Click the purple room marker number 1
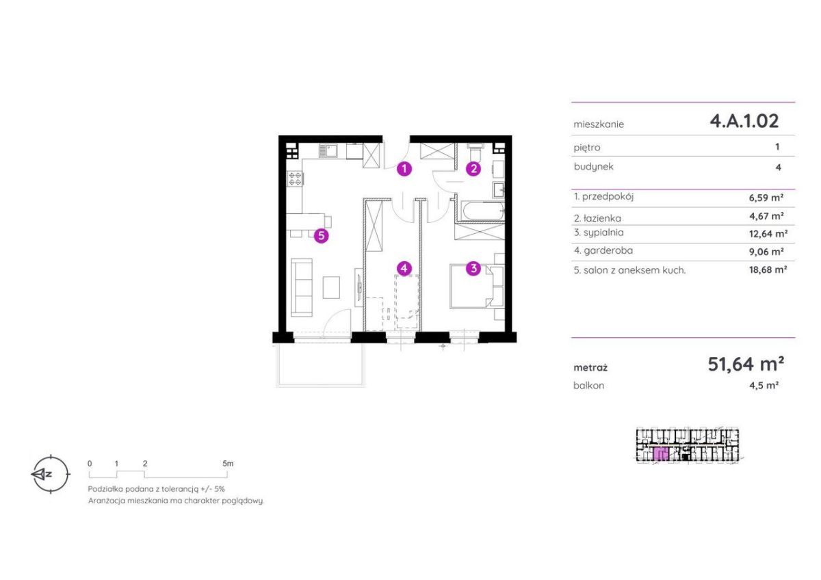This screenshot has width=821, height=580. (404, 169)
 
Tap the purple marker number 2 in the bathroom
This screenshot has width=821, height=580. (473, 169)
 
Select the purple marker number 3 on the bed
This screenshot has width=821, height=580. (473, 269)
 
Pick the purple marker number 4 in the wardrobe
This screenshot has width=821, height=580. (404, 269)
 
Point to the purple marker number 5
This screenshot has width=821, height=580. (321, 235)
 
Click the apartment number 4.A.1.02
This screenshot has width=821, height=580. (744, 121)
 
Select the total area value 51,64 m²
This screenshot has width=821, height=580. (746, 364)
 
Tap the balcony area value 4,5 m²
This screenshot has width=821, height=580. (764, 386)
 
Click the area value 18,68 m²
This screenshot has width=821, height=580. (768, 270)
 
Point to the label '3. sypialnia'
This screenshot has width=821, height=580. (599, 233)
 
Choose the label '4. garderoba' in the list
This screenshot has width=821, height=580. (603, 250)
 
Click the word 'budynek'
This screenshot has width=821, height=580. (593, 167)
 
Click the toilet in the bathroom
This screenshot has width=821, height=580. (475, 152)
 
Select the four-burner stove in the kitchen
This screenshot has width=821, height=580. (294, 179)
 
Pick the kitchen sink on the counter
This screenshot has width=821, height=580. (328, 151)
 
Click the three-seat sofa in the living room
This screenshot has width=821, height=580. (302, 287)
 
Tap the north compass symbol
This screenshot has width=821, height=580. (50, 475)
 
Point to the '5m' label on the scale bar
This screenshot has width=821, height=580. (228, 464)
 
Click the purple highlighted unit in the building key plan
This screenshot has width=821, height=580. (661, 453)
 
